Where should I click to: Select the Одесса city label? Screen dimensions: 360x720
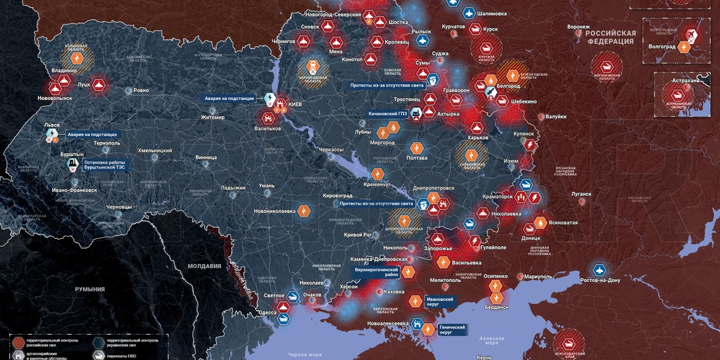point(267,312)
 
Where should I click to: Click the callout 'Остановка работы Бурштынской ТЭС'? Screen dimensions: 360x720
point(103,165)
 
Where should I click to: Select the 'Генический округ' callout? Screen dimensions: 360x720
point(452,329)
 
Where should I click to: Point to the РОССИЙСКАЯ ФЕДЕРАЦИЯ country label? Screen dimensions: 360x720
point(611,37)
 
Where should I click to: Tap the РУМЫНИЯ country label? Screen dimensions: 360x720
point(90,289)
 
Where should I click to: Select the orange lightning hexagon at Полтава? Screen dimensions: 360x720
point(417,147)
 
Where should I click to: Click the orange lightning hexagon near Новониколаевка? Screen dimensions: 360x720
point(304,211)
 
